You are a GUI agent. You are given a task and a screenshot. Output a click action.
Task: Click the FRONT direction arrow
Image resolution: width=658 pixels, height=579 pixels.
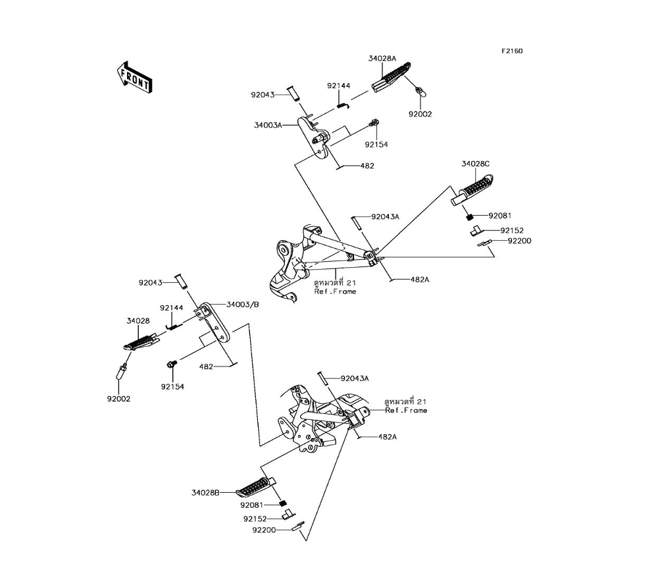[x=134, y=77]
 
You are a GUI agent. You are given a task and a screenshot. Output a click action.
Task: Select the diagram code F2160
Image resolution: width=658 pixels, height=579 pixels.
[x=512, y=51]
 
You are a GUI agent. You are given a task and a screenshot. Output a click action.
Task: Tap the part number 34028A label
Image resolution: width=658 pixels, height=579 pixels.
[x=382, y=59]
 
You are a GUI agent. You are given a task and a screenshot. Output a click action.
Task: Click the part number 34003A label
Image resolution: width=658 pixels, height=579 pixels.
[x=268, y=124]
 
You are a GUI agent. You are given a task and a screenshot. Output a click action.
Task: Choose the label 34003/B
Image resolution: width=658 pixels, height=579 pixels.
[x=243, y=305]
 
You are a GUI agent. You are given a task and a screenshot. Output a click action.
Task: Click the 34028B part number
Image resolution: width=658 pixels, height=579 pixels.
[x=205, y=492]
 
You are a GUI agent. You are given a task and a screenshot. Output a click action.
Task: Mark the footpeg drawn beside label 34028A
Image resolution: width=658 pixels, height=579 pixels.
[x=392, y=77]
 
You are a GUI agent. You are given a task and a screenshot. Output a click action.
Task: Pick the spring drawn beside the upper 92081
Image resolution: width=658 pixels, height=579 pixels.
[x=470, y=215]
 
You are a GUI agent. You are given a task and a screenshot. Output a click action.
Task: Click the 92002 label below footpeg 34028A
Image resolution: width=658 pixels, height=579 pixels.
[x=420, y=114]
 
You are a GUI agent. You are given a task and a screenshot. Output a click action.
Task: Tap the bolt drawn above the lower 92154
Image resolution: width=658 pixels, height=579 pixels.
[x=172, y=364]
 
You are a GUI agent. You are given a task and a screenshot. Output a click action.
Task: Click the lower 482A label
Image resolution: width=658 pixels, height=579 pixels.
[x=388, y=436]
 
